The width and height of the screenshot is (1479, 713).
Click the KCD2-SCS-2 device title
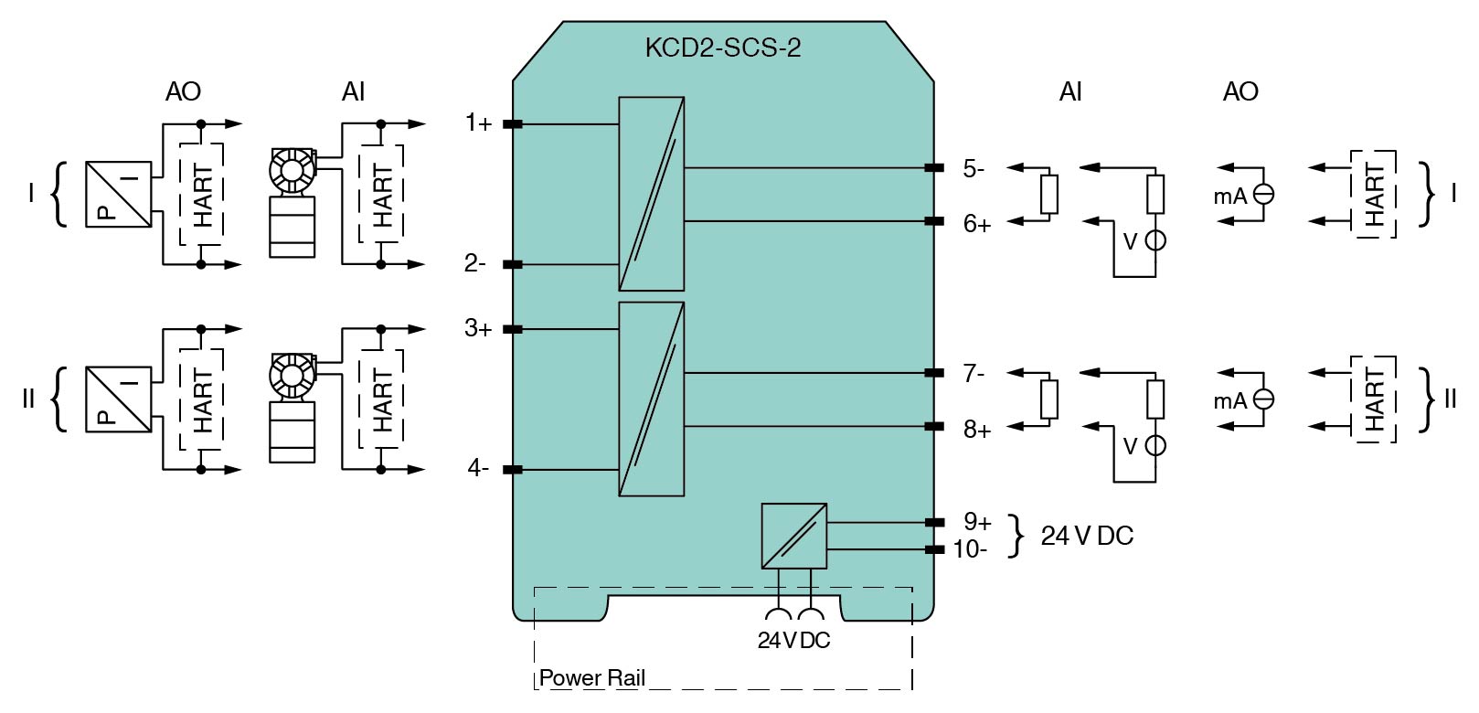point(722,48)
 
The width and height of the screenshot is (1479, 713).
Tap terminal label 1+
point(478,123)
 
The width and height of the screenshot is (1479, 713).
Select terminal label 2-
point(474,264)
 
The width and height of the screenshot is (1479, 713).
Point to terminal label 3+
point(478,328)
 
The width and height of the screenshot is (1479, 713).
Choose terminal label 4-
point(478,469)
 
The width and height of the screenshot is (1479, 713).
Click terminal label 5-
point(974,168)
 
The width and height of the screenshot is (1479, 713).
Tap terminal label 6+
point(977,224)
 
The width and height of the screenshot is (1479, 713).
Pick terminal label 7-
point(974,373)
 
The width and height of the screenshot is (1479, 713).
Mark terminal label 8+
point(977,429)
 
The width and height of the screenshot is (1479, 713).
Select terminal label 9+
point(977,522)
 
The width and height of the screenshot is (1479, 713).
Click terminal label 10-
point(970,549)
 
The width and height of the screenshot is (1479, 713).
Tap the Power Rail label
point(591,678)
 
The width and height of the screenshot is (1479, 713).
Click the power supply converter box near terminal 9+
point(793,536)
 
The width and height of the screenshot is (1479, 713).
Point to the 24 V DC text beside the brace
point(1087,536)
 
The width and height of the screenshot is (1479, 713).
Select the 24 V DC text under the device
point(793,641)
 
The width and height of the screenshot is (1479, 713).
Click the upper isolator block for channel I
point(651,194)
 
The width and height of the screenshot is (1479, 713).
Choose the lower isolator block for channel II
point(651,399)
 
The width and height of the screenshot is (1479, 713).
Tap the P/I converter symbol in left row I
point(118,194)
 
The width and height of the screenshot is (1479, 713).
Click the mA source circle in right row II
point(1264,399)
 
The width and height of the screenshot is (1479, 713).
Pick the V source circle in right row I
point(1155,241)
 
